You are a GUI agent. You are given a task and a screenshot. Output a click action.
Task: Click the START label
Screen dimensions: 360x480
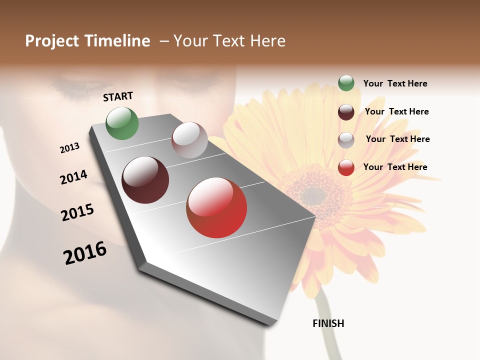click(x=118, y=96)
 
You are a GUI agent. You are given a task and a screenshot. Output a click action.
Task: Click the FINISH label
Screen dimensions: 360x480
click(x=328, y=323)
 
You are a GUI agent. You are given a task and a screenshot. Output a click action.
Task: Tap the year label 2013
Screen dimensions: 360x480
click(x=69, y=148)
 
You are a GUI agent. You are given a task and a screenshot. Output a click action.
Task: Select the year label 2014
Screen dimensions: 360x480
click(x=73, y=177)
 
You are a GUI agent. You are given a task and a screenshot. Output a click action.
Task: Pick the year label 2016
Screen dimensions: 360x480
click(x=85, y=253)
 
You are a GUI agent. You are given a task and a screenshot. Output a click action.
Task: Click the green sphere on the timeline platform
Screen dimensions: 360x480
click(x=122, y=123)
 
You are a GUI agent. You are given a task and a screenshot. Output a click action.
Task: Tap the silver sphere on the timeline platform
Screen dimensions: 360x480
click(x=189, y=140)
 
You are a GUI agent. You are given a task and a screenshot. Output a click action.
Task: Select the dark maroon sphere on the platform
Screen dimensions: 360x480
click(x=145, y=180)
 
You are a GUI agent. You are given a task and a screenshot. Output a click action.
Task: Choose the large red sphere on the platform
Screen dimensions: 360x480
click(x=216, y=207)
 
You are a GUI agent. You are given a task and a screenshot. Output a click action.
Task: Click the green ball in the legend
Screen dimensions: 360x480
click(x=346, y=83)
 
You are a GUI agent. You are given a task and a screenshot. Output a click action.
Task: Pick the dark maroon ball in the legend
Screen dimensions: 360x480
click(x=346, y=112)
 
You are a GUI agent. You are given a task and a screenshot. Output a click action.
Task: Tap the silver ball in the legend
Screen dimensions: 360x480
click(x=346, y=139)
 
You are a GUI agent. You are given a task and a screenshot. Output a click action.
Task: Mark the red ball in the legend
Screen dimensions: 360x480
click(x=346, y=167)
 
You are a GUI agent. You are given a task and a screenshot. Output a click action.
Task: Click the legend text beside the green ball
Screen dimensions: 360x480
click(x=395, y=83)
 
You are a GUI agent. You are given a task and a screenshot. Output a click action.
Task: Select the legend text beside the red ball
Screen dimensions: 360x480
click(x=395, y=167)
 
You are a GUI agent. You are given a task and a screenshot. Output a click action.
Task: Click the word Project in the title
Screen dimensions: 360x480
click(x=52, y=41)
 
